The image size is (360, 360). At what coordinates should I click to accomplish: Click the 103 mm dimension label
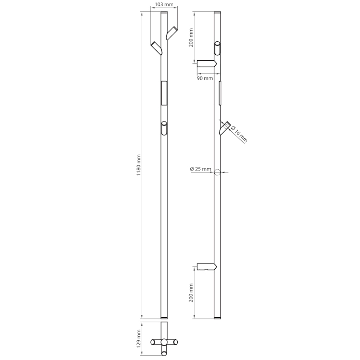click(164, 4)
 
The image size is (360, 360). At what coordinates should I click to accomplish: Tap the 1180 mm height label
click(139, 165)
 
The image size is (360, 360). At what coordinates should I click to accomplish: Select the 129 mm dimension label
click(139, 339)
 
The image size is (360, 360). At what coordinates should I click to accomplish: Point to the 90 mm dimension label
click(205, 78)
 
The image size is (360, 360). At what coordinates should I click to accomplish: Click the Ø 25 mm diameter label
click(201, 169)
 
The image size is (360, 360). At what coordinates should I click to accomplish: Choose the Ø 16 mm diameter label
click(239, 134)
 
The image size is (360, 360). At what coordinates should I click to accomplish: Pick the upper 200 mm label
click(191, 38)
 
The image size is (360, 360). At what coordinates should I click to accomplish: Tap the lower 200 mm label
click(191, 293)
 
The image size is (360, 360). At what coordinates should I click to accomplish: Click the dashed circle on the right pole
click(217, 172)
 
